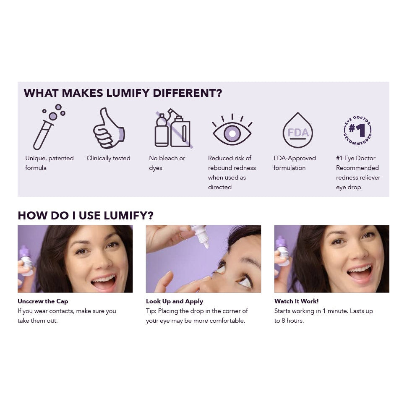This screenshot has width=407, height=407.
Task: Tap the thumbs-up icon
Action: pos(109,128)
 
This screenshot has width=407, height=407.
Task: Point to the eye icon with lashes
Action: pos(232,130)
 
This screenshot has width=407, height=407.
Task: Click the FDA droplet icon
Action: pos(298,130)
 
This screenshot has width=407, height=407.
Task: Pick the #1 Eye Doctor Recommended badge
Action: pos(357,130)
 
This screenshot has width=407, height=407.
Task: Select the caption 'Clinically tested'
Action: pos(109,158)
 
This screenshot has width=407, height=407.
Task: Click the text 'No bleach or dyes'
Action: pos(167,163)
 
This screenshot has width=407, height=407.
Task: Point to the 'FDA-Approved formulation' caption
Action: pos(295,163)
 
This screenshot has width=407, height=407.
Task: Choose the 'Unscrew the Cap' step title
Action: pos(43,301)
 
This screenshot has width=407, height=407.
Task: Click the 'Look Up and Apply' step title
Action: pos(175,301)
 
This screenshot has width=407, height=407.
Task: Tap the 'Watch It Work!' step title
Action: pos(296,301)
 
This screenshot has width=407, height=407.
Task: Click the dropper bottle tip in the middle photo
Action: pos(207,245)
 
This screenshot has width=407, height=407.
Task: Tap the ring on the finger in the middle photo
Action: pos(181,237)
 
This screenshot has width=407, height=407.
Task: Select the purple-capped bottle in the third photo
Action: pos(283,250)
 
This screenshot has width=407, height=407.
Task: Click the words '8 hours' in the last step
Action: pos(292,321)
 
